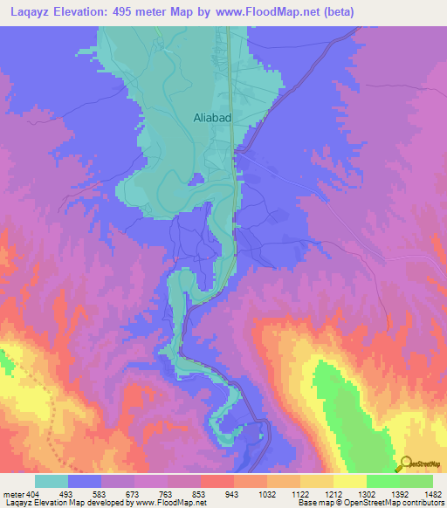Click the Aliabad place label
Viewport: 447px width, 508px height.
point(212,116)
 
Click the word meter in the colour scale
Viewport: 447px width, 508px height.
point(13,494)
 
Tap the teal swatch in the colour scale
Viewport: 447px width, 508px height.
point(52,481)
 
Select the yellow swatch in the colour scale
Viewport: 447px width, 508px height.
point(350,481)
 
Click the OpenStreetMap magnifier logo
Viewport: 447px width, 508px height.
point(405,464)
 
